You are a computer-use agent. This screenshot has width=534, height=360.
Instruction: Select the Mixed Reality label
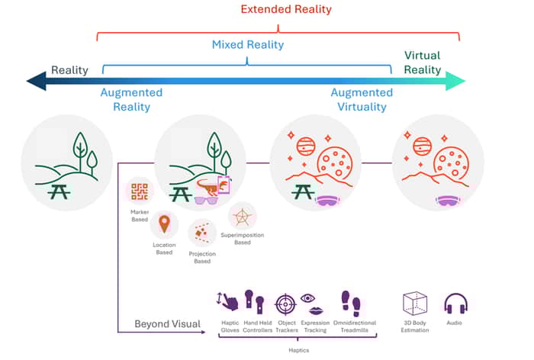pos(247,45)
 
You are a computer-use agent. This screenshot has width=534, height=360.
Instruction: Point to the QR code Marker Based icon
pos(140,191)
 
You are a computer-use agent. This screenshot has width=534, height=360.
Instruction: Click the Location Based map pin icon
pos(162,224)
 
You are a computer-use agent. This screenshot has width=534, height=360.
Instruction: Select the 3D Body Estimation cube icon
pos(417,304)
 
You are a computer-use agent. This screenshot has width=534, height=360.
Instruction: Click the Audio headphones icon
pos(455,303)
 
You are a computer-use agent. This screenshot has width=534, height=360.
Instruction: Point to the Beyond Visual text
pos(167,324)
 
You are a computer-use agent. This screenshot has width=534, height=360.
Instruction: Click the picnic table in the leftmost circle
pos(59,191)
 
